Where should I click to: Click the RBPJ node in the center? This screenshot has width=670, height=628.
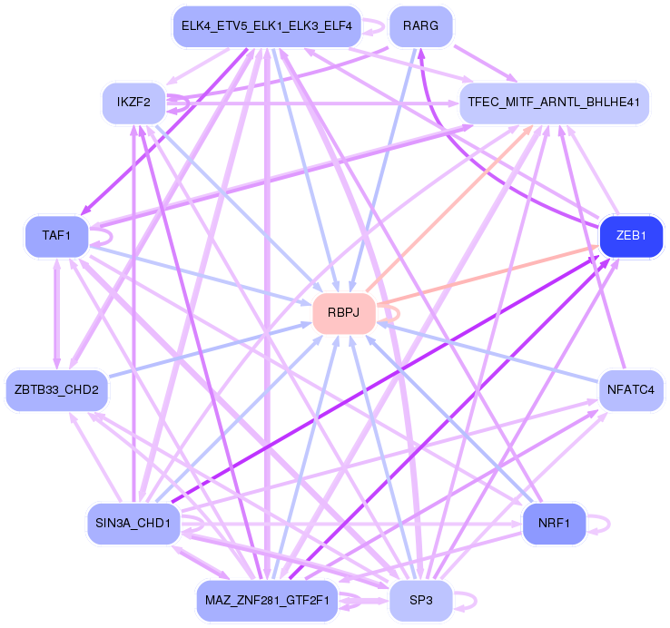pos(344,313)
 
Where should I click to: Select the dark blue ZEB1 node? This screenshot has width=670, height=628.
pos(630,236)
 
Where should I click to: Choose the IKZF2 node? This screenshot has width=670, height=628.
pos(133,103)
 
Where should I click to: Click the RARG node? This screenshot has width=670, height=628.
pos(420,25)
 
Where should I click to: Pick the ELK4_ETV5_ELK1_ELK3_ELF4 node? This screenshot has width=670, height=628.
pos(267,25)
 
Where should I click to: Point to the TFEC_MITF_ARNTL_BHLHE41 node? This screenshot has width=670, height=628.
pos(555,103)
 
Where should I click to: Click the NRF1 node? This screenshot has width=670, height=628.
pos(553,525)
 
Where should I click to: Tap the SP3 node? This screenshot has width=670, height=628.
pos(420,601)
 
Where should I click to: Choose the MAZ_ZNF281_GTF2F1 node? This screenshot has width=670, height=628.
pos(267,601)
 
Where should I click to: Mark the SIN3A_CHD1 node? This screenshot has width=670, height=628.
pos(133,524)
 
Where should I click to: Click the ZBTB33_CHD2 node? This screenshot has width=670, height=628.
pos(56,390)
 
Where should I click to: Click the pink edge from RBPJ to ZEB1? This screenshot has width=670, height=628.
pos(490,274)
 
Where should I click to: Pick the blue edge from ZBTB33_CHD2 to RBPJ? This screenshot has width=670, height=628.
pos(209,349)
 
